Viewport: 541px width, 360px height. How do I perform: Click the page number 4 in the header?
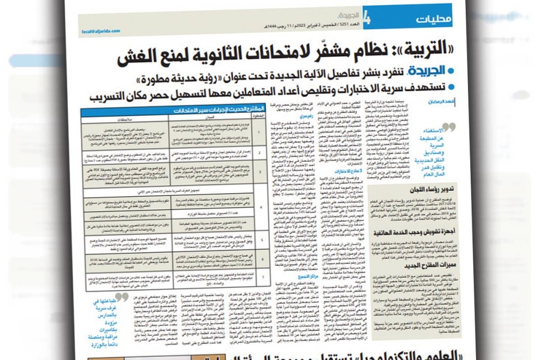tap(367, 20)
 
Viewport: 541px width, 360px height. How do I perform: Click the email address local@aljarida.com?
tap(98, 32)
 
